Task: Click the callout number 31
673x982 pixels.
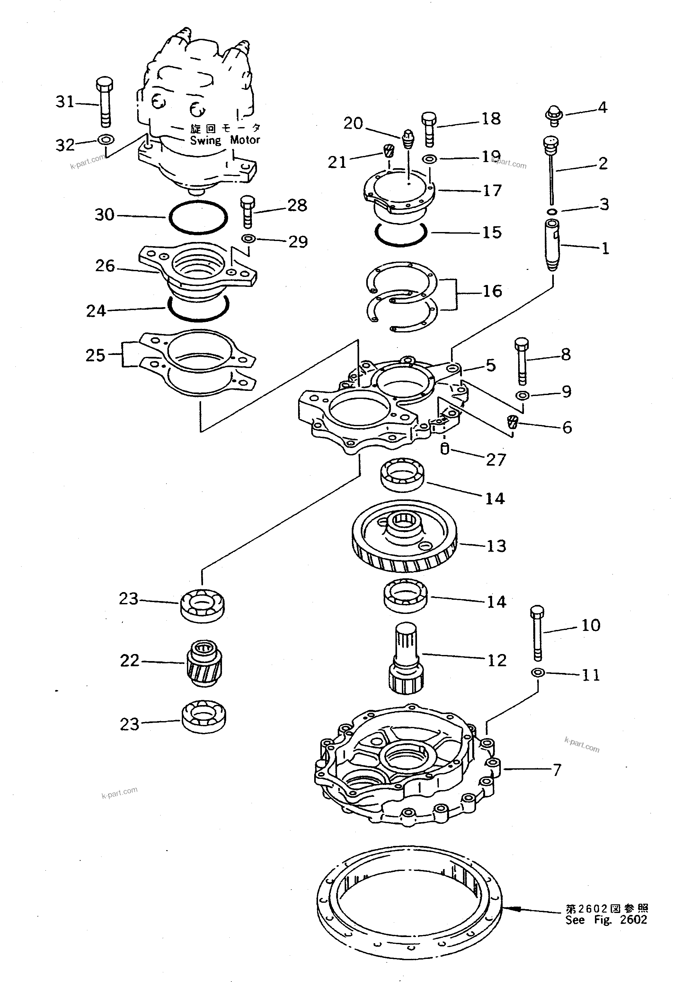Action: pyautogui.click(x=65, y=101)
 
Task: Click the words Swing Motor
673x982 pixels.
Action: pyautogui.click(x=225, y=140)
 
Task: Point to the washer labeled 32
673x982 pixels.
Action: pyautogui.click(x=105, y=139)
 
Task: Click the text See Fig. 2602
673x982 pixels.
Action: pyautogui.click(x=606, y=919)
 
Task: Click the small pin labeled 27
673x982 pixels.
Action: pyautogui.click(x=444, y=448)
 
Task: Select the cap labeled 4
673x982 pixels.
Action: pyautogui.click(x=552, y=115)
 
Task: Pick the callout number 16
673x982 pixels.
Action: pyautogui.click(x=492, y=291)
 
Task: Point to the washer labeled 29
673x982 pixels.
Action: pyautogui.click(x=249, y=239)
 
